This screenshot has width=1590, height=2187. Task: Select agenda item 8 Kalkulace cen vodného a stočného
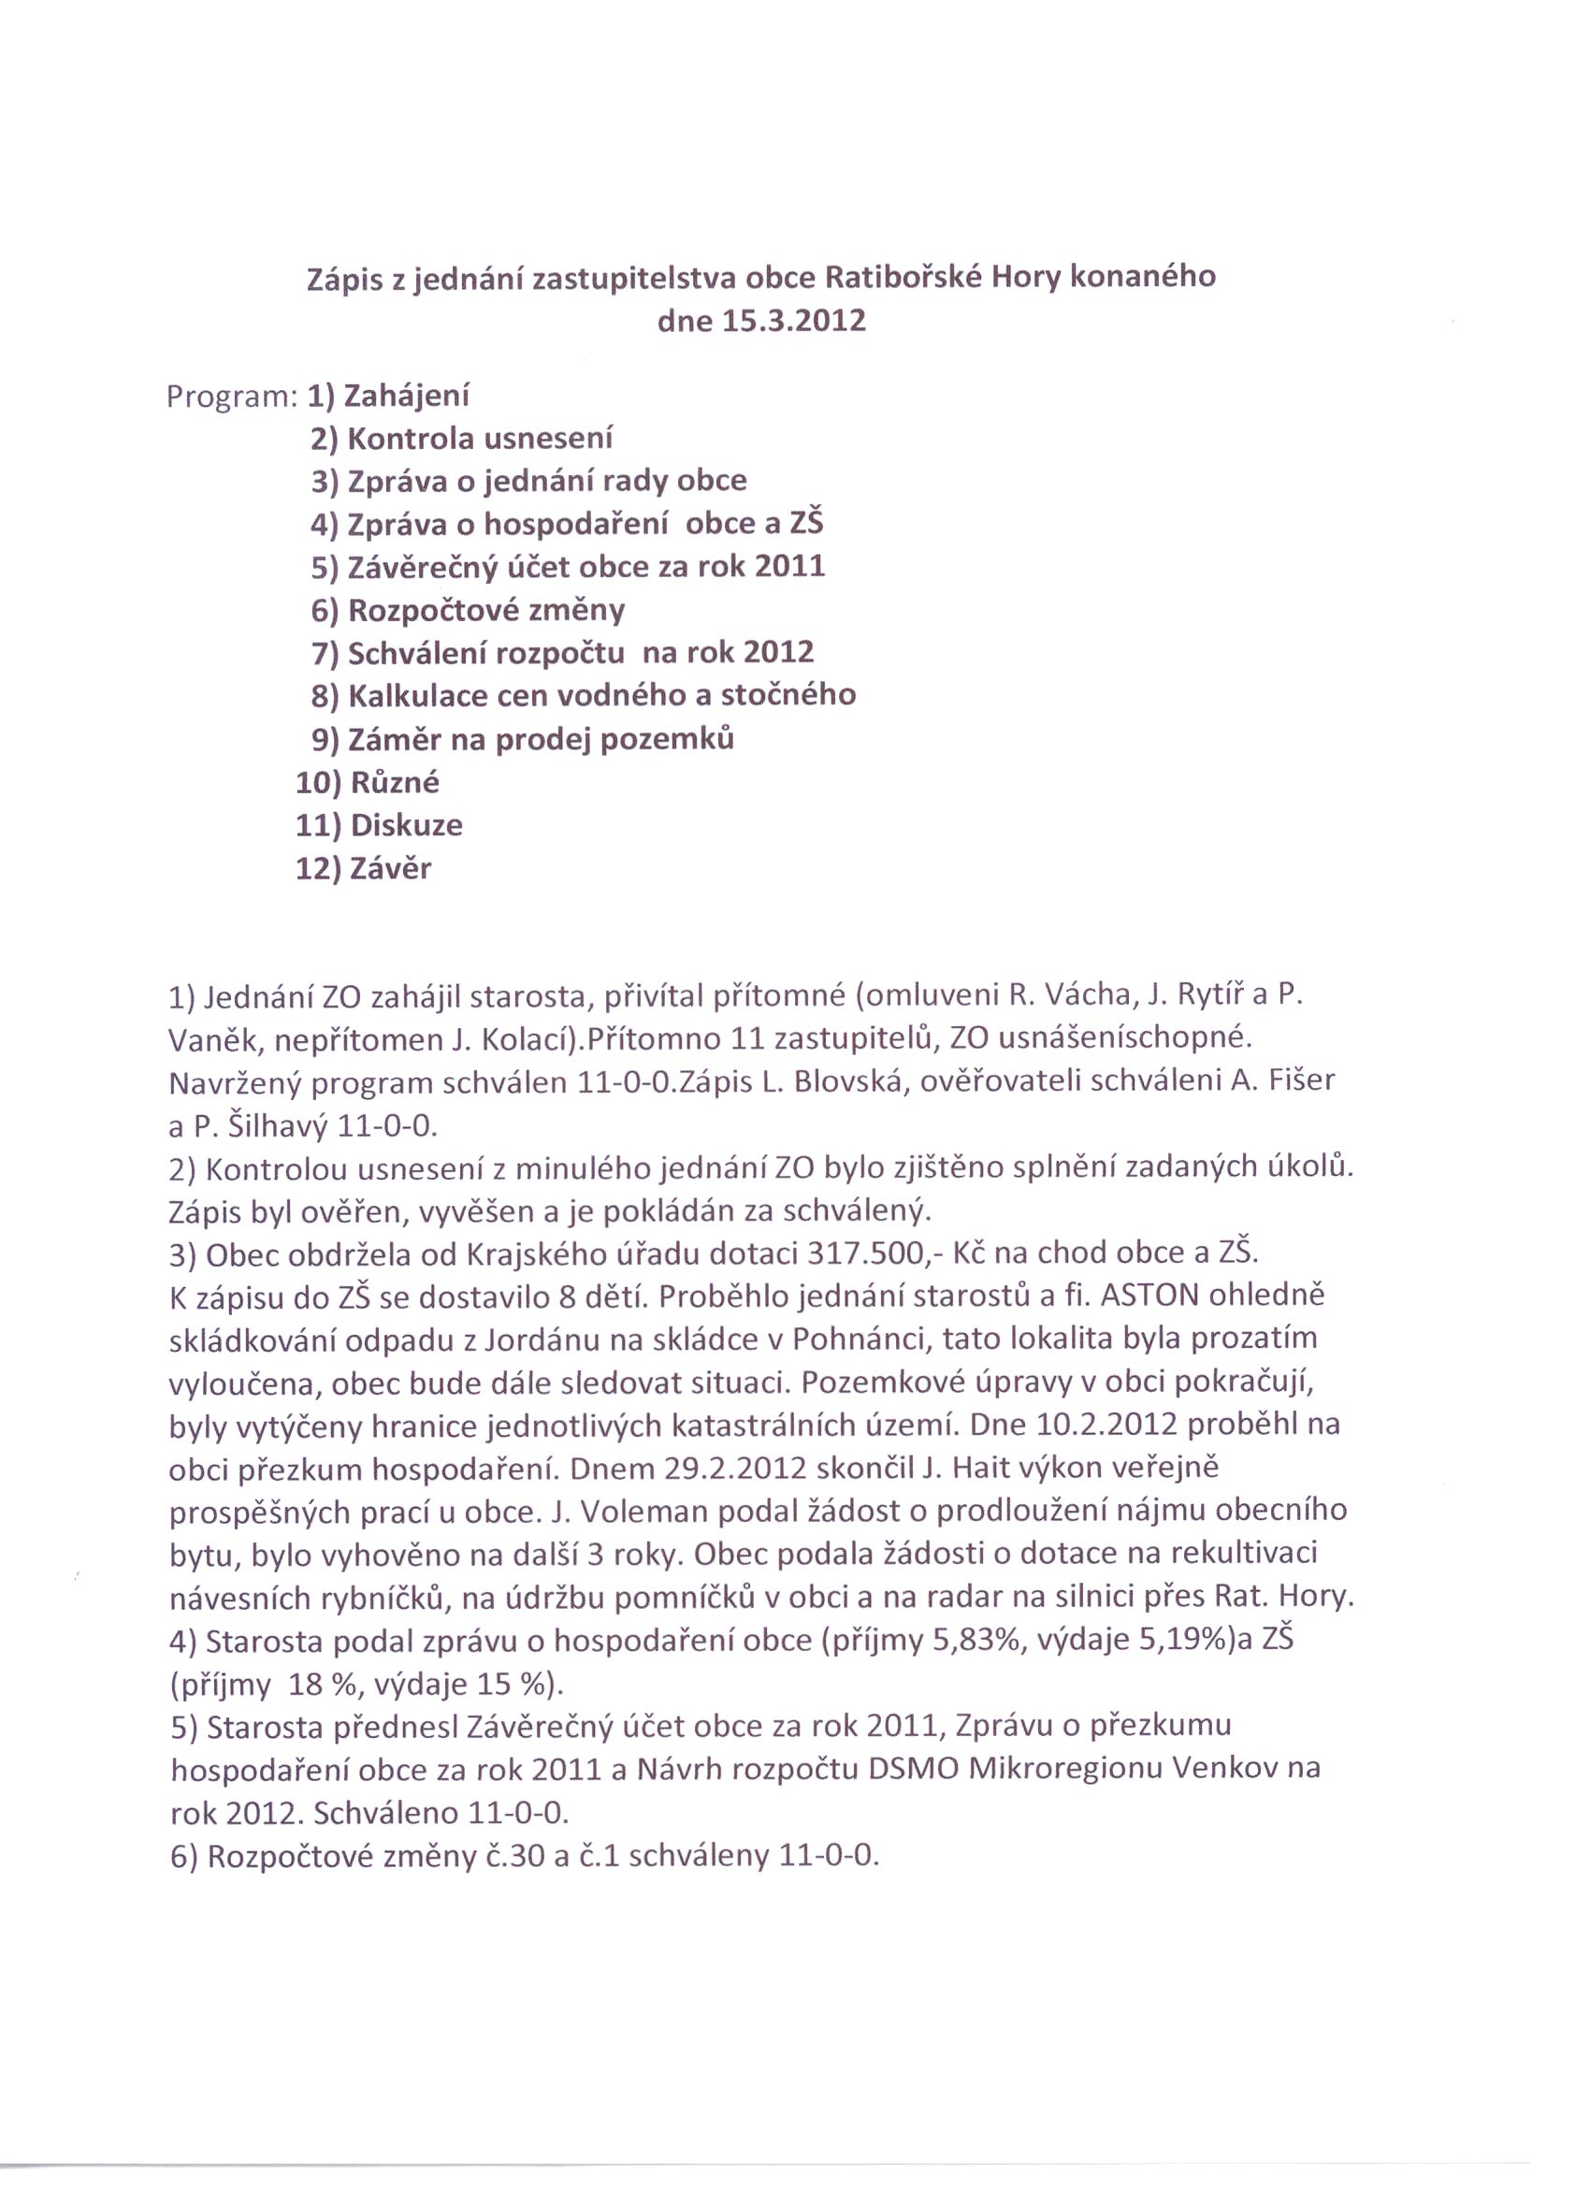coord(584,695)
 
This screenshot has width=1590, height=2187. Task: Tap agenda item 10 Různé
coord(368,782)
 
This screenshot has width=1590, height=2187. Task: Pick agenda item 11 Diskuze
coord(379,825)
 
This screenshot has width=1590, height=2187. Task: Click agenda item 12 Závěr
coord(364,869)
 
